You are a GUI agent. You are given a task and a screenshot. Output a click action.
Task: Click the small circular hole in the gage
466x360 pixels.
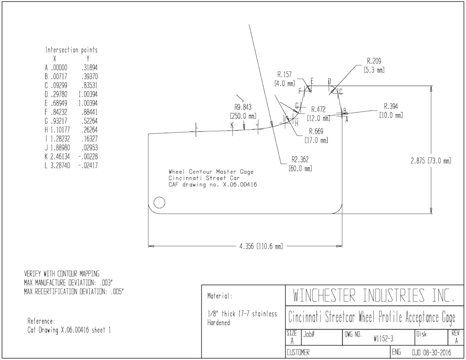159,203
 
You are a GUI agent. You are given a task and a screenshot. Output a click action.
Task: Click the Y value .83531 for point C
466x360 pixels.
90,86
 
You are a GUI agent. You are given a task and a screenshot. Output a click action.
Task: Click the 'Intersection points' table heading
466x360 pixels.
71,50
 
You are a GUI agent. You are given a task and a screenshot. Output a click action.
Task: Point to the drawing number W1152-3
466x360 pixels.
383,339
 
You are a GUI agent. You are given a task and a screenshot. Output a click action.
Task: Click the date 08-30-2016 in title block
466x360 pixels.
436,353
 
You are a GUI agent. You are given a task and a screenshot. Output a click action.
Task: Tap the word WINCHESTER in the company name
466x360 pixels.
324,295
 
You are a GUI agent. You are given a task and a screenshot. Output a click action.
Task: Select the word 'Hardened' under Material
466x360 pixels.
218,323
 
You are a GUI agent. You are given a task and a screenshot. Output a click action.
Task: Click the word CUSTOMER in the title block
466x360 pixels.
298,353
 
